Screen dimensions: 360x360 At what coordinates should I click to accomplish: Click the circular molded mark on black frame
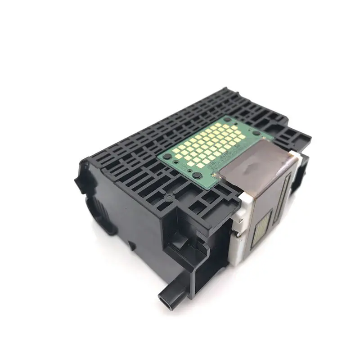[x=169, y=197]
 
